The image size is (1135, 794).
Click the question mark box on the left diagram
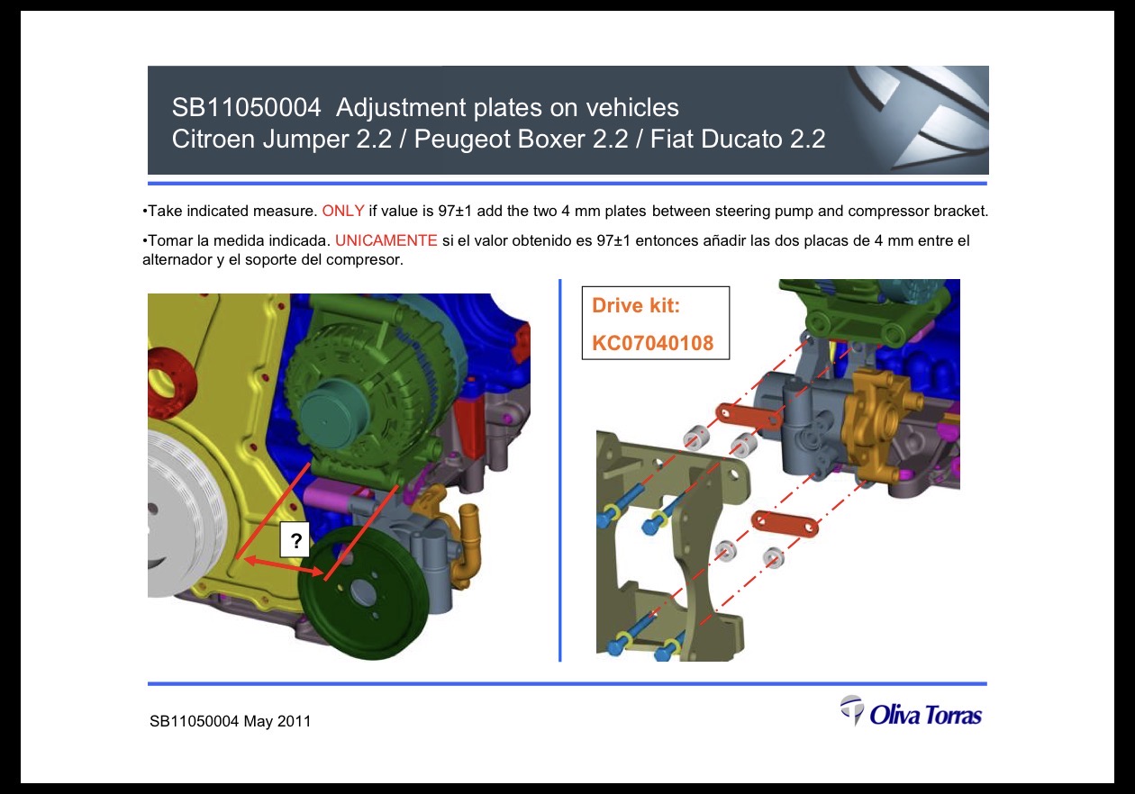(295, 540)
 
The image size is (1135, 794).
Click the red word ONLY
(343, 211)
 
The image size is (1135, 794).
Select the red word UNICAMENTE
(386, 240)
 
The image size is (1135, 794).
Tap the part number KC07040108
(652, 343)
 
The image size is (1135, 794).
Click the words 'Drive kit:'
(636, 305)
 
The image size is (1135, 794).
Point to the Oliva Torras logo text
(926, 715)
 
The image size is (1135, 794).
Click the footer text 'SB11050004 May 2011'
(230, 720)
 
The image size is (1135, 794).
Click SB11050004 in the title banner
(246, 107)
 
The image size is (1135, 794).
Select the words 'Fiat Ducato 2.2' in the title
(738, 139)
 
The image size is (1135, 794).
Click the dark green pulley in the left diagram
(363, 592)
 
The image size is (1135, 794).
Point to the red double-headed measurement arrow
(285, 566)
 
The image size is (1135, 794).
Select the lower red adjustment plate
(785, 523)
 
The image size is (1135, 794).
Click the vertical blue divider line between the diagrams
(560, 470)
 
